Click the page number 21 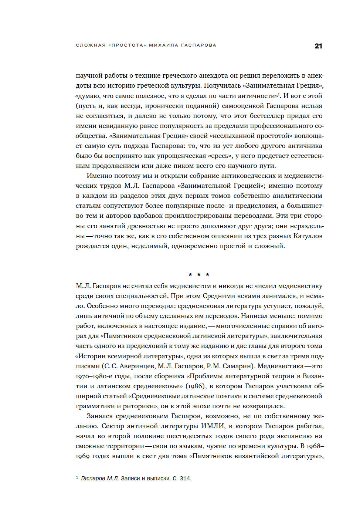click(x=318, y=46)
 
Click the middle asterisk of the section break click(x=199, y=275)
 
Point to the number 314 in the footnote click(x=185, y=479)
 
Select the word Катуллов click(x=308, y=236)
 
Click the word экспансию click(x=292, y=436)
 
